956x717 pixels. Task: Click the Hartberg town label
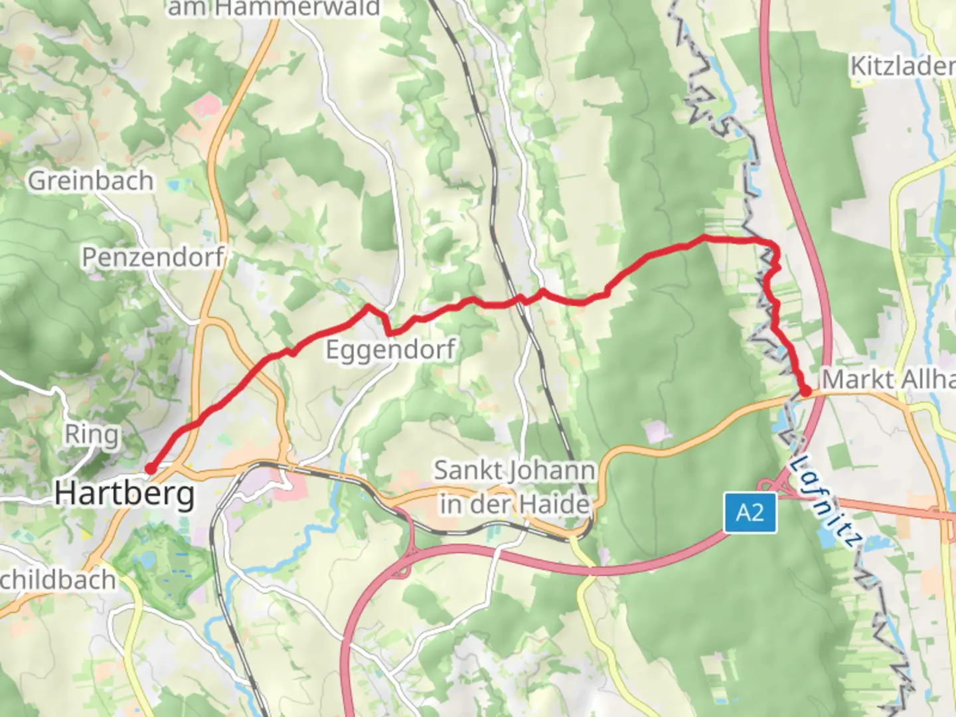click(124, 494)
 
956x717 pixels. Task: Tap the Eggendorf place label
click(390, 349)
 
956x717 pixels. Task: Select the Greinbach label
click(90, 181)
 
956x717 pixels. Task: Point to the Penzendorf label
click(153, 257)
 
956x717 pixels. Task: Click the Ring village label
click(92, 435)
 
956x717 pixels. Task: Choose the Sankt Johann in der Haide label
click(514, 487)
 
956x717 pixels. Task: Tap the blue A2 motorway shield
click(750, 513)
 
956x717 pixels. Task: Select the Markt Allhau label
click(888, 380)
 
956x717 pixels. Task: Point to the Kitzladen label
click(902, 66)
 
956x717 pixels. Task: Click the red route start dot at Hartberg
click(151, 469)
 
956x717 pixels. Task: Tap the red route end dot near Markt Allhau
click(805, 391)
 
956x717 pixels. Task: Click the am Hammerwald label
click(273, 8)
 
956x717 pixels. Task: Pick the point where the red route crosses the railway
click(522, 299)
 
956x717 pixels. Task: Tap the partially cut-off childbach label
click(58, 580)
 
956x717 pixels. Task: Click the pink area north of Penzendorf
click(207, 106)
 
